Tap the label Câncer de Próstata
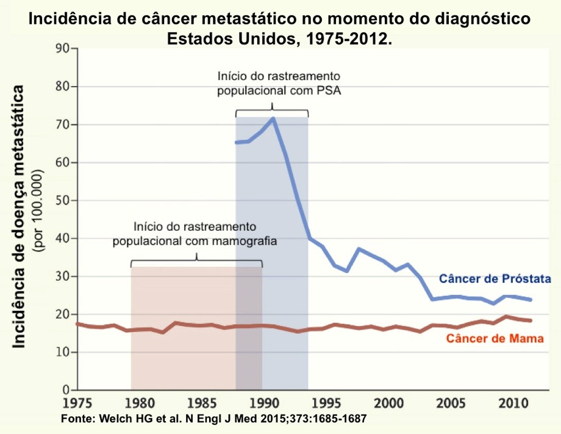(x=491, y=280)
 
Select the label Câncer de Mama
(x=495, y=338)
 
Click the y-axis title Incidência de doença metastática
(x=20, y=217)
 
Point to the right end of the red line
(x=531, y=320)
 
